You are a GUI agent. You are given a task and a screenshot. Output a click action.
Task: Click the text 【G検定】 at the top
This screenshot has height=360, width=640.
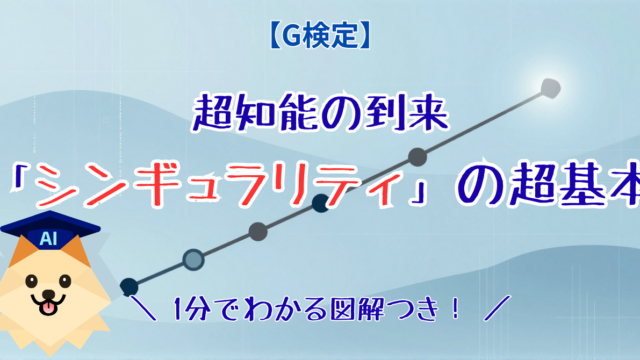coord(320,36)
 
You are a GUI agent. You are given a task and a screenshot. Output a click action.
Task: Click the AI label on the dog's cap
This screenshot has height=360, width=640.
coord(48,239)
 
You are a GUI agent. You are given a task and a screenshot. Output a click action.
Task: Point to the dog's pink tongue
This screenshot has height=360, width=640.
coord(48,308)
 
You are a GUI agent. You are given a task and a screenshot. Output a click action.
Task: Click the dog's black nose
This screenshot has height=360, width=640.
coord(49,294)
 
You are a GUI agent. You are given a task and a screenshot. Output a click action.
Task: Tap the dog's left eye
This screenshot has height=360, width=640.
coord(31,281)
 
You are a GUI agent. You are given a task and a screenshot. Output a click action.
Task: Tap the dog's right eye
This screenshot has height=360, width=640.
coord(65,281)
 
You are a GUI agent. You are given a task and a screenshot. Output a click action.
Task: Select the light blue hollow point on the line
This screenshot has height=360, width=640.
coord(193,260)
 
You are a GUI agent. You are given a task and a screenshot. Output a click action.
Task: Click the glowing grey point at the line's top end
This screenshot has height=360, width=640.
coord(551,89)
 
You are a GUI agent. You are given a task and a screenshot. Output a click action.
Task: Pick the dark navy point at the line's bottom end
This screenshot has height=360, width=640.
coord(129,287)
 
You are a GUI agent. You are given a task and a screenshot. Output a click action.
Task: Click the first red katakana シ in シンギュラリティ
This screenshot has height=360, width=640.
coord(57,186)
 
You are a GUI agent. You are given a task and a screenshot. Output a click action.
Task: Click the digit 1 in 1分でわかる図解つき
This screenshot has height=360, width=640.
coord(178,309)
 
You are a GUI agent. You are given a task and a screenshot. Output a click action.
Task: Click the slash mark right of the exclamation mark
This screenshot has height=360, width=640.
coord(497,308)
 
